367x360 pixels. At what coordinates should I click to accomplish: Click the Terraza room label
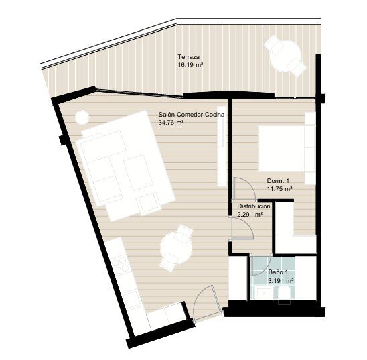pos(188,57)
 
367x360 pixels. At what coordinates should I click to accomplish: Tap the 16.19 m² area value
pos(190,65)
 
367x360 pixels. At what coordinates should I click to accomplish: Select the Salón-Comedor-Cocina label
pos(192,115)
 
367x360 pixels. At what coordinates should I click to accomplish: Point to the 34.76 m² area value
pos(171,122)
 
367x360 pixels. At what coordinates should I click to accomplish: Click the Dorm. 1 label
pos(278,181)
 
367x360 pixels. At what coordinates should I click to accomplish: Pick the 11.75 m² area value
pos(279,189)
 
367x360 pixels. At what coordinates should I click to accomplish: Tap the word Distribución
pos(254,206)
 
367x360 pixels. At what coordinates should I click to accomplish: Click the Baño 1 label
pos(278,272)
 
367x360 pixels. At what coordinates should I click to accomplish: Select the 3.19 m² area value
pos(281,281)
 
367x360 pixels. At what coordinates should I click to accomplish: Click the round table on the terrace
pos(285,56)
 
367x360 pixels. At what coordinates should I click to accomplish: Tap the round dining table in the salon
pos(177,248)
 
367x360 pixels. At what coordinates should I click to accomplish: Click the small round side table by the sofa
pos(82,117)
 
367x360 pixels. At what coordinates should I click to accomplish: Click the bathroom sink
pos(264,293)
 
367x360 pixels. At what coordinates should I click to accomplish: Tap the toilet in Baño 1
pos(285,294)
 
